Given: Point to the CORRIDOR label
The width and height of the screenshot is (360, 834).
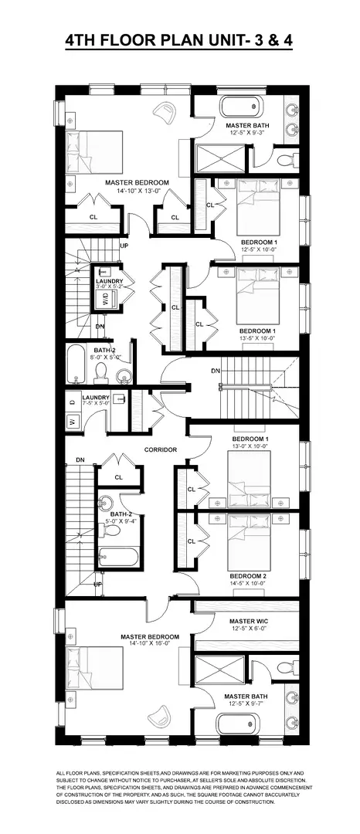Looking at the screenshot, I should click(x=161, y=449).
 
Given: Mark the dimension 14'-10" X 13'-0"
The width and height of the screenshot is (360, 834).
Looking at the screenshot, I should click(x=137, y=191).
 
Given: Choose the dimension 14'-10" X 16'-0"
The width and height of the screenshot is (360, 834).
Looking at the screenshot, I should click(x=149, y=646).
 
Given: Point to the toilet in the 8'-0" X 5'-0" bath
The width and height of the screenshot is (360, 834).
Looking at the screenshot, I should click(x=100, y=373).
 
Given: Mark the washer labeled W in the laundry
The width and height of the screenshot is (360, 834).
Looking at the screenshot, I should click(x=71, y=422).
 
